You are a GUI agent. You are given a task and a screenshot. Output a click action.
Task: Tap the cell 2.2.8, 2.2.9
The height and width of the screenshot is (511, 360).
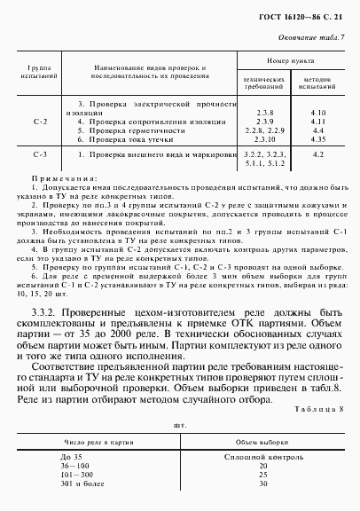[x=262, y=130]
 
